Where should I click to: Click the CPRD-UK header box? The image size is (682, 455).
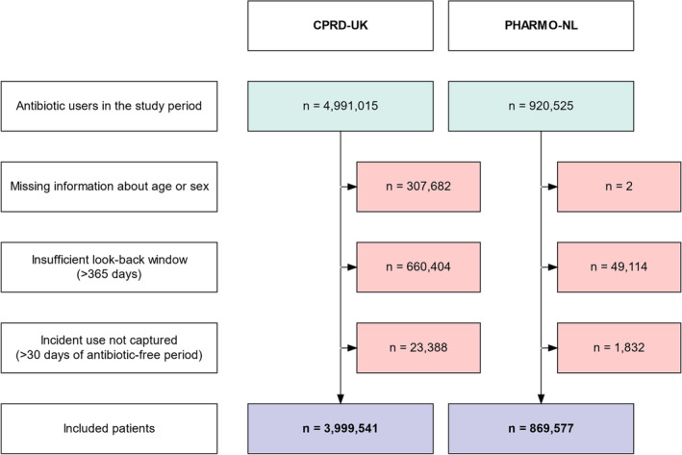(341, 26)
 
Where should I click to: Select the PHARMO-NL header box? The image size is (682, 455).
(541, 26)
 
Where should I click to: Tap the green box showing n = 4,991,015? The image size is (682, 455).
(341, 106)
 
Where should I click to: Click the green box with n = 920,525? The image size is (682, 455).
(541, 106)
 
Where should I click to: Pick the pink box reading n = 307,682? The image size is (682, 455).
(418, 187)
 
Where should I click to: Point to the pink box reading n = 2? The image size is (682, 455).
(619, 187)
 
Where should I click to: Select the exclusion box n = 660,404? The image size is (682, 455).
(418, 267)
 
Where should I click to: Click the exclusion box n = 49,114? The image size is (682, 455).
(619, 267)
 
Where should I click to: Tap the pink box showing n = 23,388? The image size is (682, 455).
(418, 348)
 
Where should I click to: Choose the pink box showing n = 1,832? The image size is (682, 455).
(619, 348)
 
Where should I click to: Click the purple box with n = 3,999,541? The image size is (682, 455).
(341, 429)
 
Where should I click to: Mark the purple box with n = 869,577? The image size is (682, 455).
(541, 429)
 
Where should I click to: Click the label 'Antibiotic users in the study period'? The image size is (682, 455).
(109, 106)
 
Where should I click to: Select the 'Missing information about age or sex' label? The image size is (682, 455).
(109, 187)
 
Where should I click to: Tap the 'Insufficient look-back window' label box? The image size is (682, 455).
(109, 267)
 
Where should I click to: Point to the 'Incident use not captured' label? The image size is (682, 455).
(109, 348)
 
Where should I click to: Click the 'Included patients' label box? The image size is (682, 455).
(109, 429)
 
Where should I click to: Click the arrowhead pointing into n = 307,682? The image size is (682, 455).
(352, 187)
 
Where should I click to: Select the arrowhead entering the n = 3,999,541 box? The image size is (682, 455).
(341, 399)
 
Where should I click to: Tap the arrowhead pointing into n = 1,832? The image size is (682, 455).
(552, 348)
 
